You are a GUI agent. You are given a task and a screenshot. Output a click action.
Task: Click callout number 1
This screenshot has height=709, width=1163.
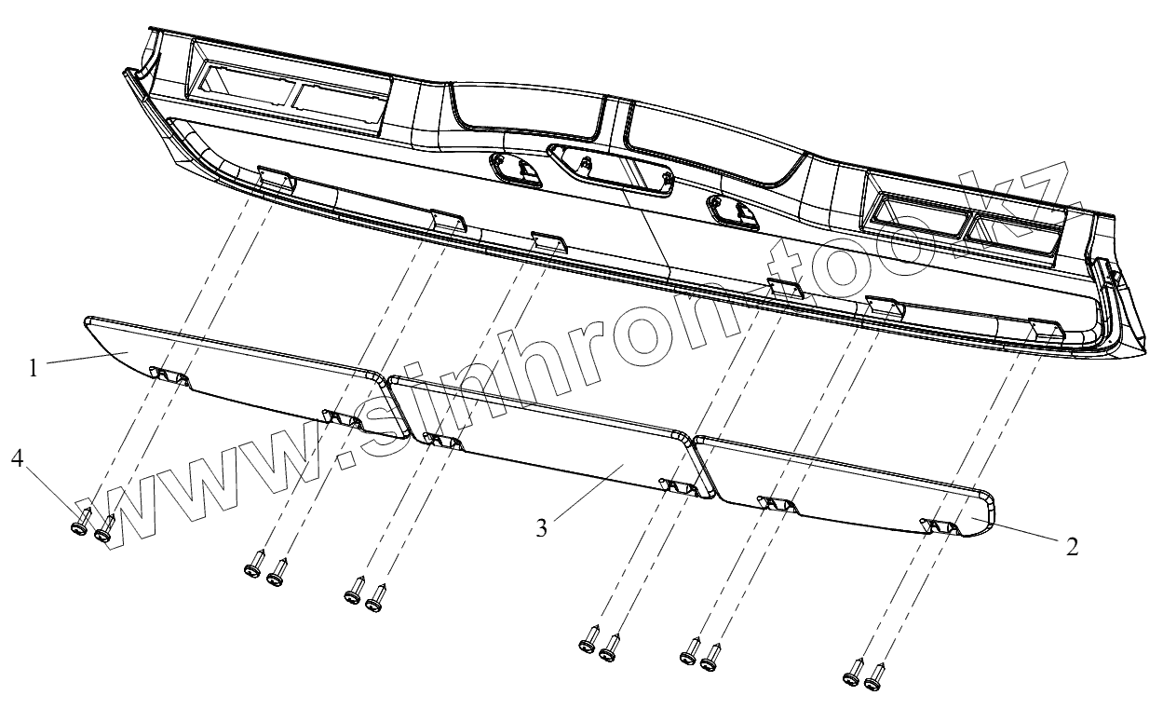(33, 368)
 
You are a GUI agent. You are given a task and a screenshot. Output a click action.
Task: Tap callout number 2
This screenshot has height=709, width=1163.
(1072, 547)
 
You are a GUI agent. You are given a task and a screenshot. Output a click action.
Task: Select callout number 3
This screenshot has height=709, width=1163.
(541, 527)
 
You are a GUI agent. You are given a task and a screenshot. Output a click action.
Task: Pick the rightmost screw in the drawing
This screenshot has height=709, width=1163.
(873, 682)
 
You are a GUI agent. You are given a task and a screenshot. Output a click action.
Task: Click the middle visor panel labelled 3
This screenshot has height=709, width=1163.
(549, 438)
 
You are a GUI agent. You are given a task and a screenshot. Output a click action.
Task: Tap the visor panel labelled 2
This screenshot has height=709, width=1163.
(847, 484)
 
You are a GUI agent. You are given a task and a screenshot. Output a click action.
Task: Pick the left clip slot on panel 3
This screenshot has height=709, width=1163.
(441, 440)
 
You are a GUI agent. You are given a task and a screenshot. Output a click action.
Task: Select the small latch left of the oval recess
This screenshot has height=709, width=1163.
(521, 170)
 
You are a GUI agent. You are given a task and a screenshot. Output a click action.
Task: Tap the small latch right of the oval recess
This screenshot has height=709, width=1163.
(733, 211)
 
